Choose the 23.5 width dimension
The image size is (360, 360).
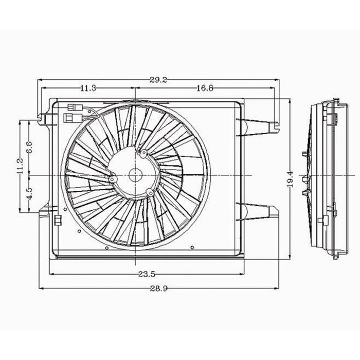[x=146, y=275]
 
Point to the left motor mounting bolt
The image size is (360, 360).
[x=112, y=179]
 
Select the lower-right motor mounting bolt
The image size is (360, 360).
[x=149, y=193]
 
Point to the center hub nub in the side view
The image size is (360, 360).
[x=305, y=179]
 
